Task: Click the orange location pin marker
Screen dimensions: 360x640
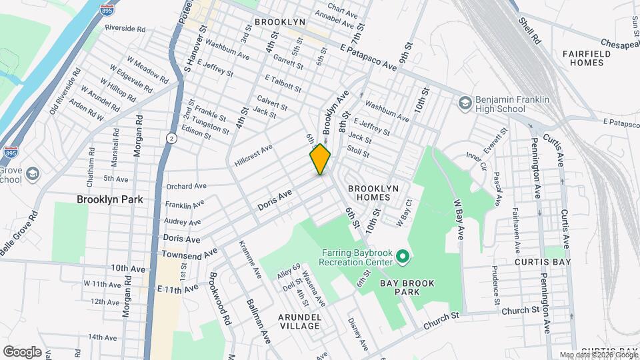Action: (320, 159)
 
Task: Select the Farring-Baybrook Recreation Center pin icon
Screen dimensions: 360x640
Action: (402, 256)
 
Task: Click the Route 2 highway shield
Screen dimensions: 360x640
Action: (171, 137)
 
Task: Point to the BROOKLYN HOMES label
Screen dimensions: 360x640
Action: (373, 193)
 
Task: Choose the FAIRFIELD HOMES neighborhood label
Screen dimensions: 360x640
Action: (582, 58)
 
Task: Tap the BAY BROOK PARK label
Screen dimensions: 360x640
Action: (407, 288)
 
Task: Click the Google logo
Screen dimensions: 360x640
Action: (21, 351)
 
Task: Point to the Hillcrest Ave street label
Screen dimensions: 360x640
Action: (254, 155)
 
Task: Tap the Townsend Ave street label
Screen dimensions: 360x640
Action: (189, 253)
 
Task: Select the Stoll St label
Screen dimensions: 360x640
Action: (358, 153)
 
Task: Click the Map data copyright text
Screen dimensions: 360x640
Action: (599, 355)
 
